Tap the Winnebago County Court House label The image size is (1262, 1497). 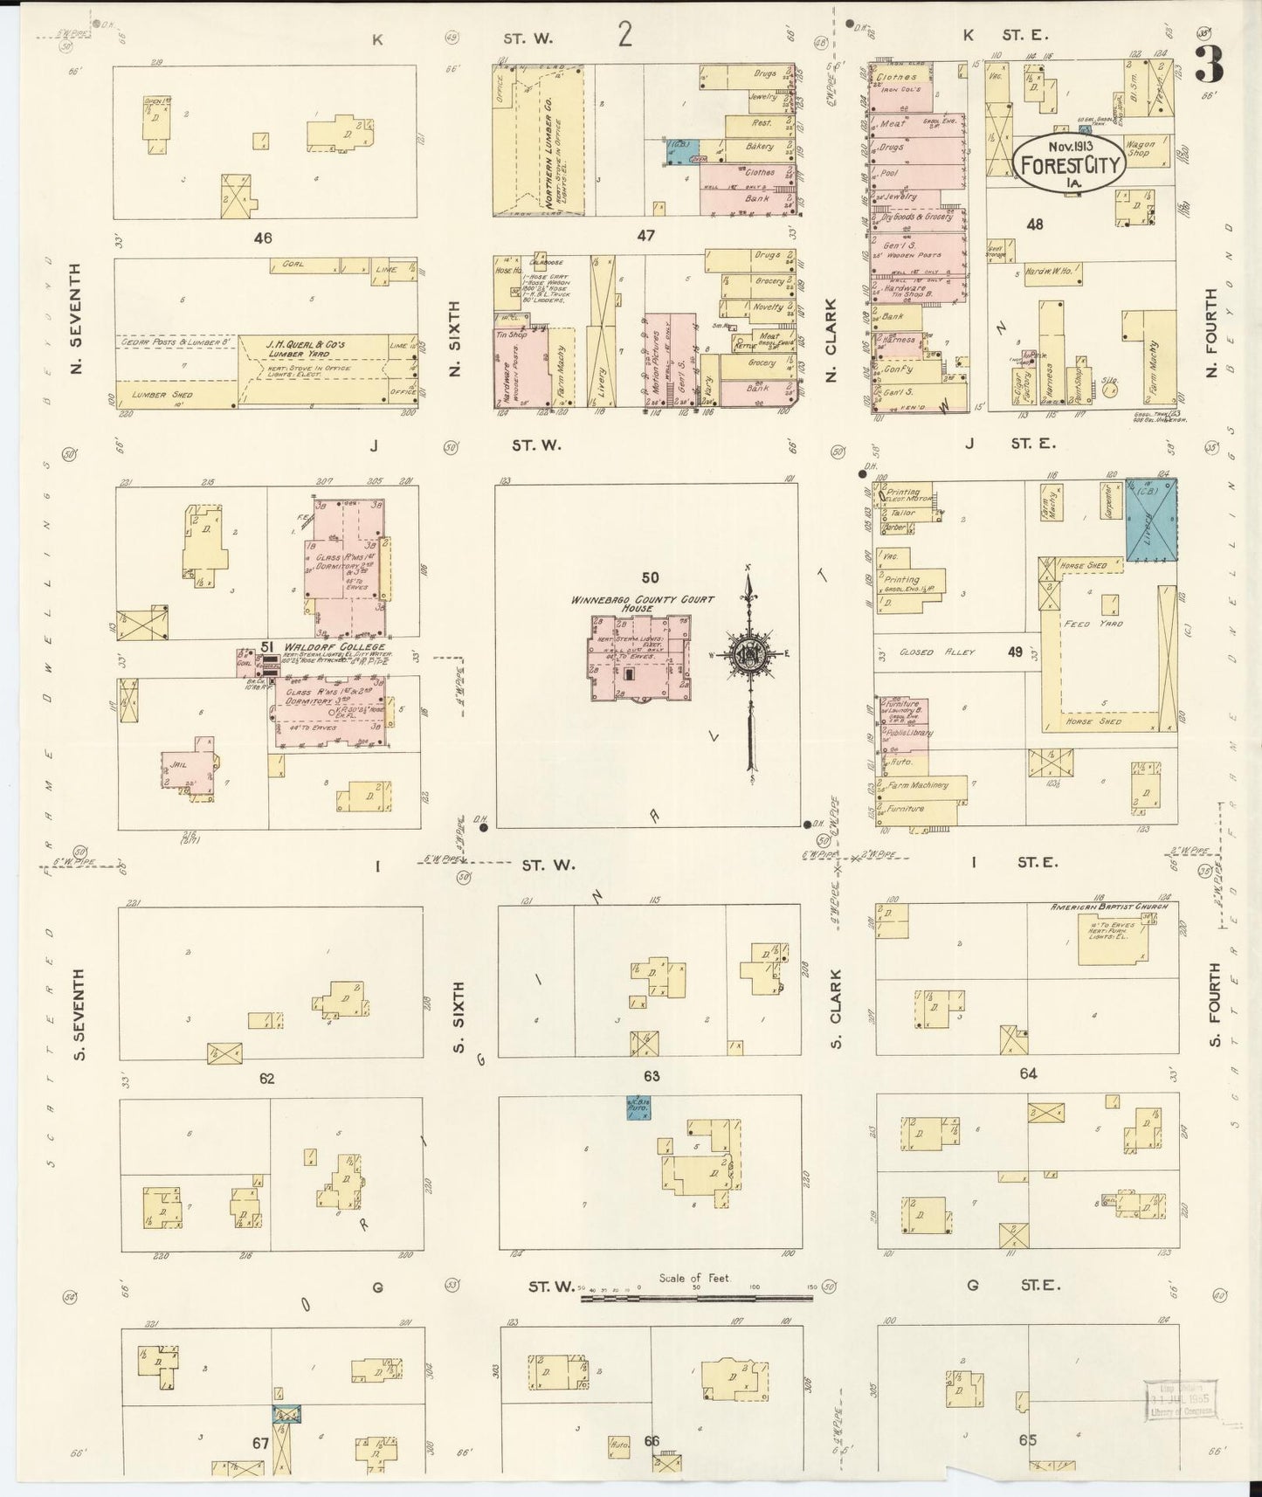click(x=643, y=604)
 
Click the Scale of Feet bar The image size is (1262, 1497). click(x=696, y=1298)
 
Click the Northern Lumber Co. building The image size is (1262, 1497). click(x=539, y=140)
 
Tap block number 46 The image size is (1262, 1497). click(x=263, y=237)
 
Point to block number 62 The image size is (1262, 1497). click(x=266, y=1079)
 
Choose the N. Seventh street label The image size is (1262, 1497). click(x=76, y=318)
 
